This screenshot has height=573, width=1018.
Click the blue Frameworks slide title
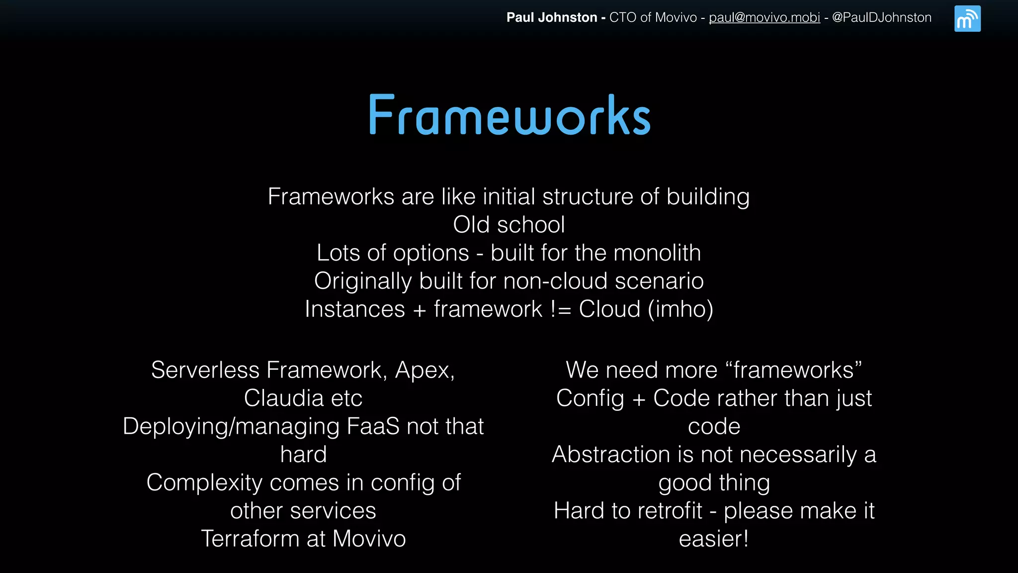pos(509,115)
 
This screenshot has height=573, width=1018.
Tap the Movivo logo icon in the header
pos(967,19)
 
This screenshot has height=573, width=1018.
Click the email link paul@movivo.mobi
pos(764,17)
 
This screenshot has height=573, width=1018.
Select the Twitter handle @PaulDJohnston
pos(881,17)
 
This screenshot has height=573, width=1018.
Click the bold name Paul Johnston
pos(552,17)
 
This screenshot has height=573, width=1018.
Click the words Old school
pos(509,225)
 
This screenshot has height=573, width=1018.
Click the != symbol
pos(561,309)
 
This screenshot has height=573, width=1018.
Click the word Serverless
pos(205,370)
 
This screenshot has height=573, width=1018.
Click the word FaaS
pos(373,426)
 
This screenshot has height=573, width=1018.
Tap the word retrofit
pos(670,511)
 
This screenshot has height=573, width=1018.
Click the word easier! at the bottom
pos(714,539)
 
